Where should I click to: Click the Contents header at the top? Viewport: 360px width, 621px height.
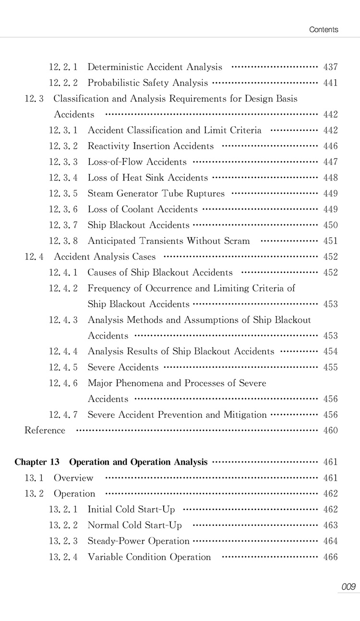pos(324,30)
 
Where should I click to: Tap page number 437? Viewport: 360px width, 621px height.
pos(331,67)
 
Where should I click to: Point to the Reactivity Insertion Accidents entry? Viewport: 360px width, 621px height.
pos(150,146)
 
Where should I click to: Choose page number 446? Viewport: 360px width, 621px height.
pos(331,146)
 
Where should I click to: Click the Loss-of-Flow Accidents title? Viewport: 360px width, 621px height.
pos(137,162)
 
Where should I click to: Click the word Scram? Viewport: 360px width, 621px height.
pos(236,241)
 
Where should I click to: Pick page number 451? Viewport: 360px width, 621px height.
pos(331,241)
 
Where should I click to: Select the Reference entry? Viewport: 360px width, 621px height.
pos(45,431)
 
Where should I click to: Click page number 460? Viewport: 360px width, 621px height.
pos(331,431)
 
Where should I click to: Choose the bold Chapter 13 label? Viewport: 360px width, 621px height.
pos(37,462)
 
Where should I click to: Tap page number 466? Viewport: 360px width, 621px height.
pos(331,557)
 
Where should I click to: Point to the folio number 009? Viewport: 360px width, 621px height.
pos(348,586)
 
